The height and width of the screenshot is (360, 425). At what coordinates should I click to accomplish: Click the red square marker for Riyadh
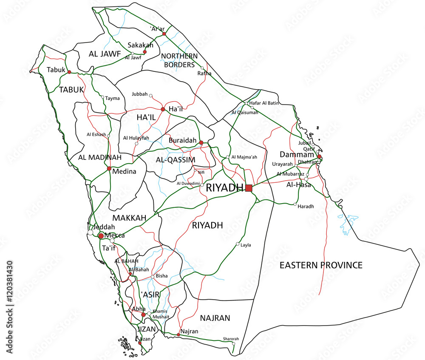[249, 188]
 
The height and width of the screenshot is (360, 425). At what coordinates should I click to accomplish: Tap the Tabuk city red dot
[69, 72]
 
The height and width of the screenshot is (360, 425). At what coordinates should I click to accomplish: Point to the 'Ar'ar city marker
[164, 33]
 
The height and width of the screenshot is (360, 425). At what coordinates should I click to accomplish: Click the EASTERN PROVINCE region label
[321, 265]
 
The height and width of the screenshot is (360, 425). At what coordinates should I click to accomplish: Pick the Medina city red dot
[109, 169]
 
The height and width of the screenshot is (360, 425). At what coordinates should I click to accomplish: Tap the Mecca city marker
[101, 235]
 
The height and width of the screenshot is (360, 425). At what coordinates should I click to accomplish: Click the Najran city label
[190, 331]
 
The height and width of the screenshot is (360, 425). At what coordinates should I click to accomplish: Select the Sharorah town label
[231, 339]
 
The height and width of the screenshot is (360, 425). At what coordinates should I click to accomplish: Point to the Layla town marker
[238, 244]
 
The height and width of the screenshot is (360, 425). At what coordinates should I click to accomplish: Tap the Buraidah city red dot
[201, 143]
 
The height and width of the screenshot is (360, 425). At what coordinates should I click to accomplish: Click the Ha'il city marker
[163, 109]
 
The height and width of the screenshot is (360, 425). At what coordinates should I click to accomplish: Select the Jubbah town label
[140, 94]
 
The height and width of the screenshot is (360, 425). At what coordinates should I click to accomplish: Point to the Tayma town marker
[102, 97]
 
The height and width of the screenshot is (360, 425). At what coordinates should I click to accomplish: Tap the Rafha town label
[204, 73]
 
